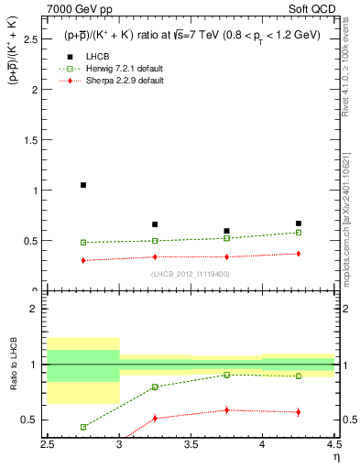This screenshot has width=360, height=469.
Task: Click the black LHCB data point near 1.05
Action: (83, 185)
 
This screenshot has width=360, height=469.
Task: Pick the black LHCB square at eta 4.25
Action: (298, 224)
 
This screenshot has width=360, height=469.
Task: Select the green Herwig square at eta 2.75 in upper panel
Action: (83, 243)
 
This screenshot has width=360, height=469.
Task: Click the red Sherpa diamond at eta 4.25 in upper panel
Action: (298, 254)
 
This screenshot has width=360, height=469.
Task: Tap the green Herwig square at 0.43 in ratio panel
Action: (83, 427)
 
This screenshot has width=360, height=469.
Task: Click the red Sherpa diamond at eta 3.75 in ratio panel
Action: (226, 409)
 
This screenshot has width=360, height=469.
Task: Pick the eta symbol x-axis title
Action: (335, 457)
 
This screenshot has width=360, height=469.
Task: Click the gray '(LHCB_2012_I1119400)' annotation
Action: (191, 274)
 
